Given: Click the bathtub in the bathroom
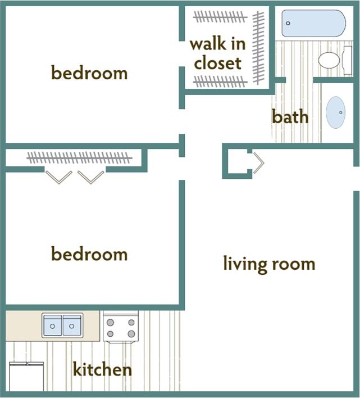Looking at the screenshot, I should pyautogui.click(x=313, y=23).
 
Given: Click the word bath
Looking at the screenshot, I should pyautogui.click(x=290, y=116).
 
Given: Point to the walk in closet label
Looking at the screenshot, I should pyautogui.click(x=216, y=53).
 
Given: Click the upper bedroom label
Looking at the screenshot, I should pyautogui.click(x=89, y=73).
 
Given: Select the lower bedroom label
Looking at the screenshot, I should pyautogui.click(x=89, y=254).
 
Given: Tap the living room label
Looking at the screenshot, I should pyautogui.click(x=269, y=263).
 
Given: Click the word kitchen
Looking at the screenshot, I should pyautogui.click(x=102, y=369).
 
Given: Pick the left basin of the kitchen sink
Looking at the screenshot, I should pyautogui.click(x=52, y=325).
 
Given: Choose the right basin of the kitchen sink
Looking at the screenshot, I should pyautogui.click(x=72, y=325).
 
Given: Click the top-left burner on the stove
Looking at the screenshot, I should pyautogui.click(x=111, y=323).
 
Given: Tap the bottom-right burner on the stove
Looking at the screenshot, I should pyautogui.click(x=131, y=334).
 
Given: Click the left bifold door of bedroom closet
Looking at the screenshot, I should pyautogui.click(x=58, y=177).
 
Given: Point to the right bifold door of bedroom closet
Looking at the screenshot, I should pyautogui.click(x=91, y=177).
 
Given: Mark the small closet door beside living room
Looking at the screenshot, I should pyautogui.click(x=258, y=163).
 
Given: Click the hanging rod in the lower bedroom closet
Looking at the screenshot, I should pyautogui.click(x=79, y=157).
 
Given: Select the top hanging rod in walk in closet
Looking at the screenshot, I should pyautogui.click(x=220, y=17).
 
